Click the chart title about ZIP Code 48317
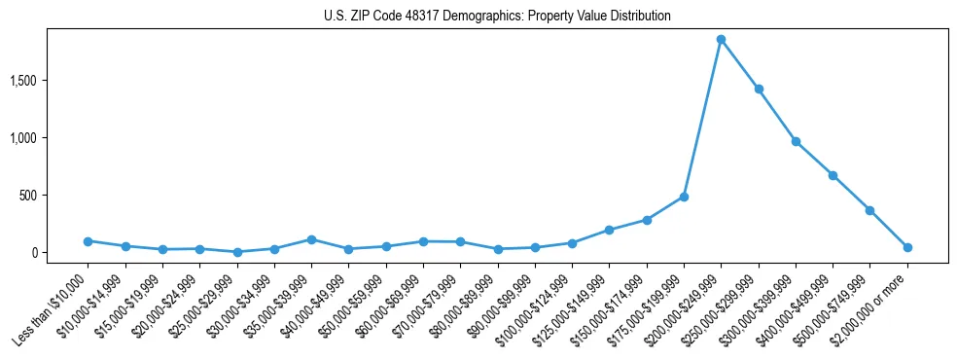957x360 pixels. pos(497,17)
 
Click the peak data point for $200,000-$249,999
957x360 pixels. pos(721,39)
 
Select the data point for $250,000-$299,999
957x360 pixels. pos(759,89)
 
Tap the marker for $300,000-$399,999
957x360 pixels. pos(796,141)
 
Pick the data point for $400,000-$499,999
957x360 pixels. pos(833,175)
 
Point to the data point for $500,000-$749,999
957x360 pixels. pos(869,210)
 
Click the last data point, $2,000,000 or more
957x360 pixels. pos(907,247)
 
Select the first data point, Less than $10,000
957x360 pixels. pos(88,241)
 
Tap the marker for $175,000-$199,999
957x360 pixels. pos(684,197)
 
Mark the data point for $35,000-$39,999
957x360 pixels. pos(311,239)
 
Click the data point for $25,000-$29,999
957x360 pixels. pos(237,252)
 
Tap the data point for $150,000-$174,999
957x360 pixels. pos(647,220)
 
